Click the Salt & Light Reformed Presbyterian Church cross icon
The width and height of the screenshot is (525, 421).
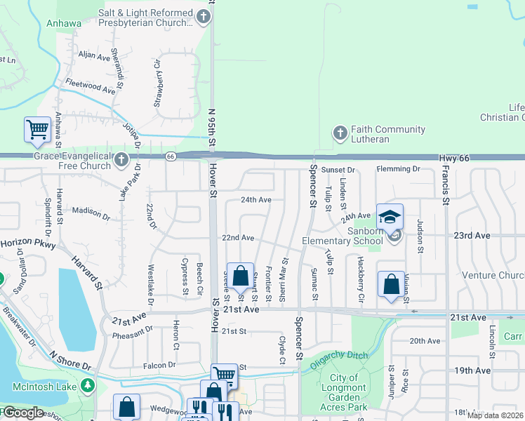tap(204, 18)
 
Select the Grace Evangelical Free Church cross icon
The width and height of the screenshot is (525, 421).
tap(121, 161)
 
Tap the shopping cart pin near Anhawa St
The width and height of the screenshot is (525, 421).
tap(37, 130)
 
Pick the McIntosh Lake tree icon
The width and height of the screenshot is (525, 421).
tap(87, 385)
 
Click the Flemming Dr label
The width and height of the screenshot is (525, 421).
tap(397, 169)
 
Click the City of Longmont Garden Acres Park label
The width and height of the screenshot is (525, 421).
tap(344, 392)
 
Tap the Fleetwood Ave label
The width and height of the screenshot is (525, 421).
tap(90, 86)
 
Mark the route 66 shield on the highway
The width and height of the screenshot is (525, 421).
tap(171, 156)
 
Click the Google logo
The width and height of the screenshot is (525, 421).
tap(23, 413)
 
